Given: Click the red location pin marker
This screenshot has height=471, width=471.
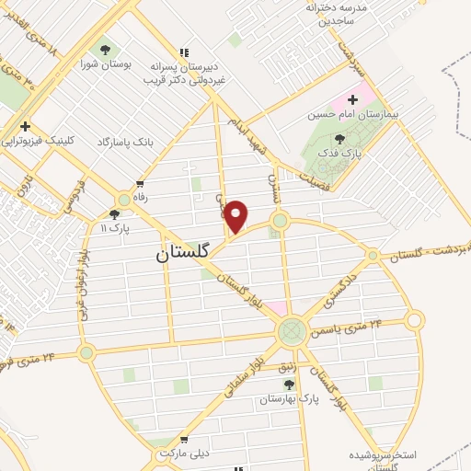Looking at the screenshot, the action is (236, 216).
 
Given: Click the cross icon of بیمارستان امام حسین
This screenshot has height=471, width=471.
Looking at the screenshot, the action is (352, 98).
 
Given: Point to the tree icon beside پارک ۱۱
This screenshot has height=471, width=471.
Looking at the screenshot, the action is (114, 213).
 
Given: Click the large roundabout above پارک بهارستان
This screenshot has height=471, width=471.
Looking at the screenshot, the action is (292, 330).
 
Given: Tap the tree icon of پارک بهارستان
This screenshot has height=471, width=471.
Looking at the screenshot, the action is (289, 385).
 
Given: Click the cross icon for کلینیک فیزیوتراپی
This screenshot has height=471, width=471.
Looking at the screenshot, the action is (26, 126).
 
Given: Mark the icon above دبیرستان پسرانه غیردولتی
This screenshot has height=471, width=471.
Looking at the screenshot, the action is (185, 52).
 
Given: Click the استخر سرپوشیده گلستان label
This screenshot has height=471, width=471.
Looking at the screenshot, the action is (385, 460).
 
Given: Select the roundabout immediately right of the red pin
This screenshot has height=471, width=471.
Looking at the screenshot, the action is (280, 221).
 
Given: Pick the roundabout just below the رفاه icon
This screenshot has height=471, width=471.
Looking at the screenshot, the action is (124, 199).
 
